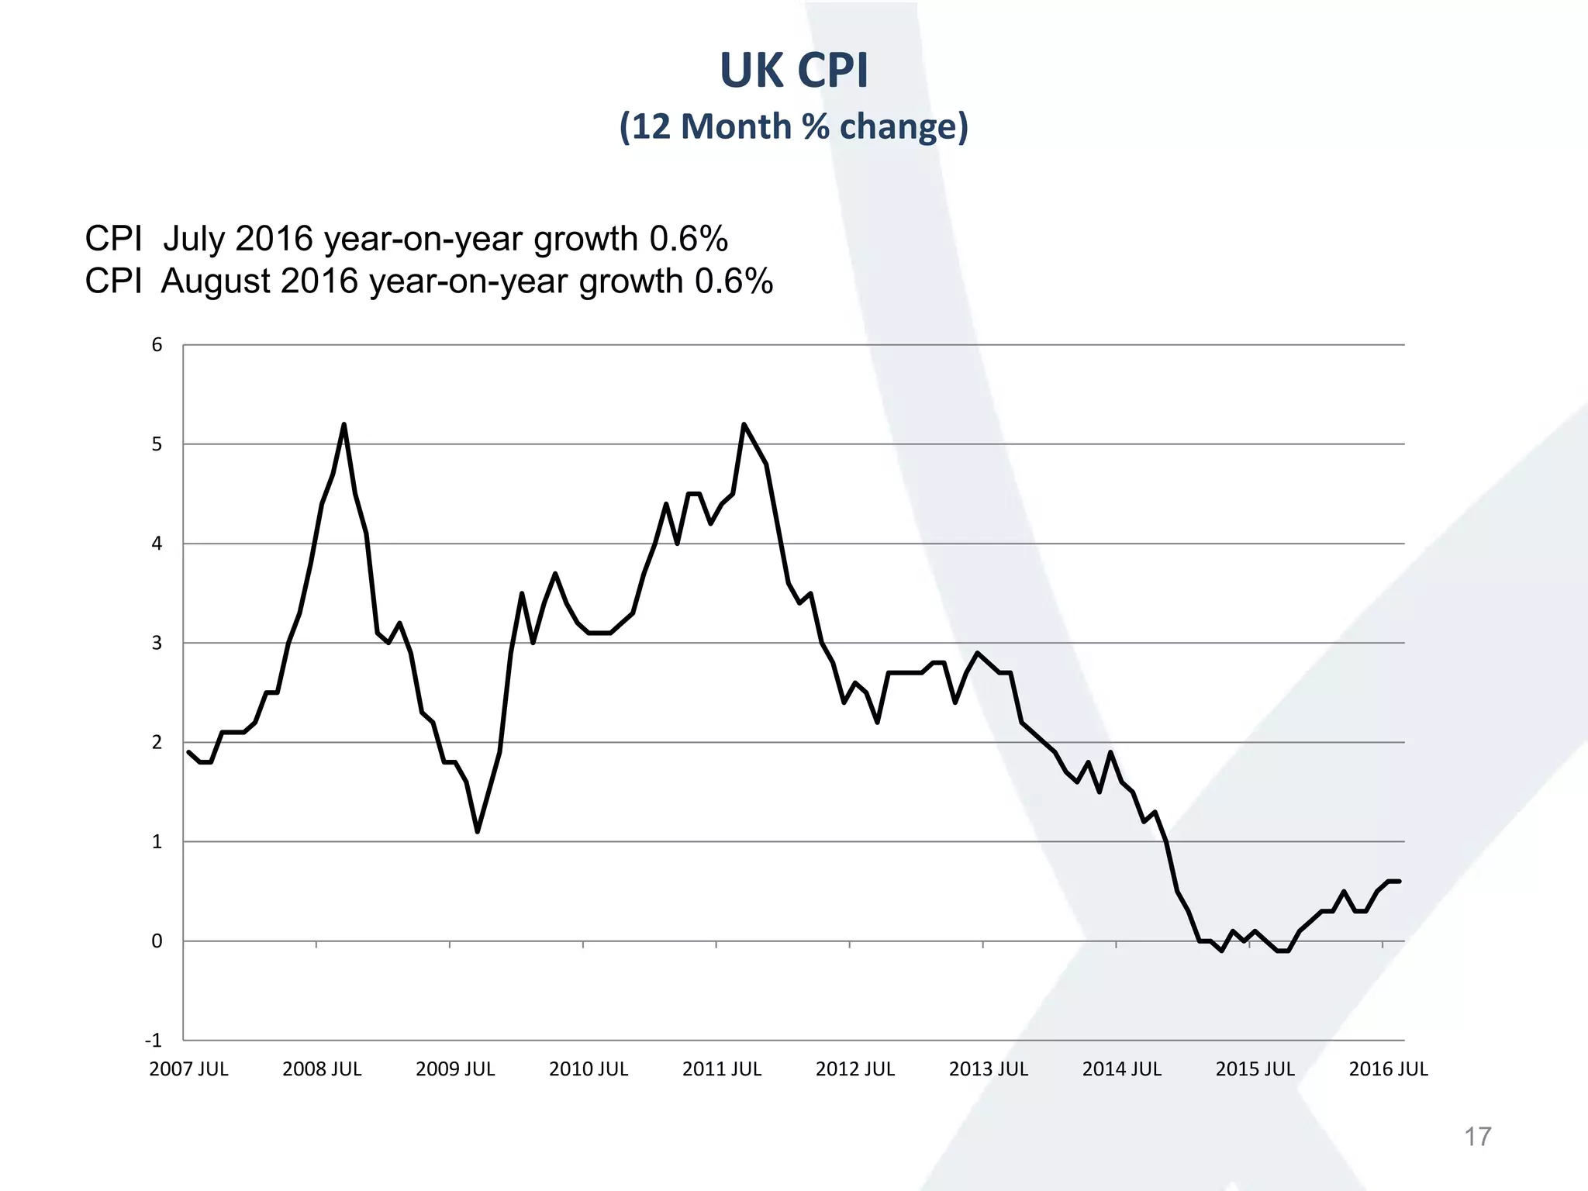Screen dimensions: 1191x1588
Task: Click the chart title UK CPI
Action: pos(794,71)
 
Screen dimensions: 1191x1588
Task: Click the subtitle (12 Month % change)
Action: pos(794,126)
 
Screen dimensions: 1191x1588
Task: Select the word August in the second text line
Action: pos(216,281)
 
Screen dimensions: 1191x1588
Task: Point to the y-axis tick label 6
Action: pos(157,345)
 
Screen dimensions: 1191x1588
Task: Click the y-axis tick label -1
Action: pos(154,1041)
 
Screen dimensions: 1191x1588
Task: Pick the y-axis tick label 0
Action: pos(157,941)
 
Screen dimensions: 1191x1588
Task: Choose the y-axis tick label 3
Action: pos(157,643)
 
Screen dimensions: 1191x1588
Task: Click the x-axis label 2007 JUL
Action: pos(188,1069)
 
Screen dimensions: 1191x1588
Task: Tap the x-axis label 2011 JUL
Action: pos(722,1069)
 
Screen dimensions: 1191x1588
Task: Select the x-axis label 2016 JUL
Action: pos(1388,1069)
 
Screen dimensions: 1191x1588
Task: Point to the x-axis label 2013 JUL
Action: pos(989,1069)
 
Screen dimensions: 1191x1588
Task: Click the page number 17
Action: pos(1477,1137)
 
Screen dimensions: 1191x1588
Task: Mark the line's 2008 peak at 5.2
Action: pos(343,425)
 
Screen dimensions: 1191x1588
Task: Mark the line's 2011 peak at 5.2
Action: pos(744,425)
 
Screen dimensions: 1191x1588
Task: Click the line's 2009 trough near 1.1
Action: pos(478,831)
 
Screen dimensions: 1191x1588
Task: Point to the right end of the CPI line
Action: pos(1399,881)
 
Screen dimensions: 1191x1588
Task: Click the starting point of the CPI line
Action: pos(189,752)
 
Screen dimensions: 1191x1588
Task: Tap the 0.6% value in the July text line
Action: pos(689,239)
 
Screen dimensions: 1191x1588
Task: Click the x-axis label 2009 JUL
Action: pos(455,1069)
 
